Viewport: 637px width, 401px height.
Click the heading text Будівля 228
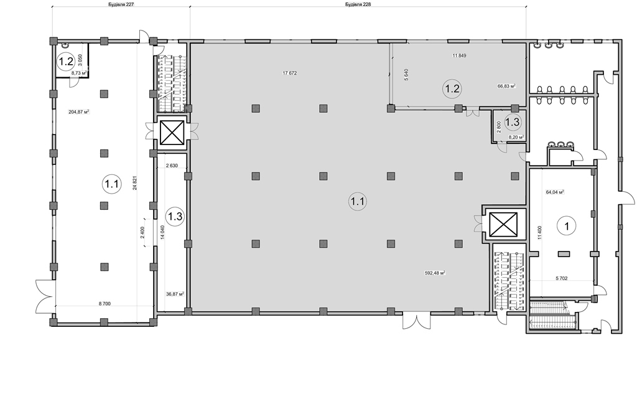(358, 4)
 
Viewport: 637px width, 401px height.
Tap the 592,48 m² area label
(435, 273)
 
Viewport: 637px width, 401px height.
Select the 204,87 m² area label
(79, 112)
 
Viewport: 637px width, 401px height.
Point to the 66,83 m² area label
(506, 86)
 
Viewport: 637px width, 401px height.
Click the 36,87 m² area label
(175, 294)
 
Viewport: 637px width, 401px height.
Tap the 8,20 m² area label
(516, 137)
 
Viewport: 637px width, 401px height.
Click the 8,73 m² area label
(79, 73)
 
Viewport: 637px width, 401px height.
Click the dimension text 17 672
(290, 73)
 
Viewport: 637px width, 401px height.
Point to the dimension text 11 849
(459, 55)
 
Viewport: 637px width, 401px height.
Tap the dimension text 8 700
(105, 304)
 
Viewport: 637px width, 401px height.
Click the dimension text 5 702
(562, 278)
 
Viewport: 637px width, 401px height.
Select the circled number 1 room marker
(566, 226)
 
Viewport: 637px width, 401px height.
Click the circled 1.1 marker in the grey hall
(358, 201)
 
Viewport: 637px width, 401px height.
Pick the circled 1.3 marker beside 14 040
(175, 216)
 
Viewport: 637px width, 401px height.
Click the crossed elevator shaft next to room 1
(503, 224)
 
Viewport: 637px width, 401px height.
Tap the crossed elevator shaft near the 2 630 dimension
(172, 133)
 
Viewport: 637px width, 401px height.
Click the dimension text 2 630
(172, 166)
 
